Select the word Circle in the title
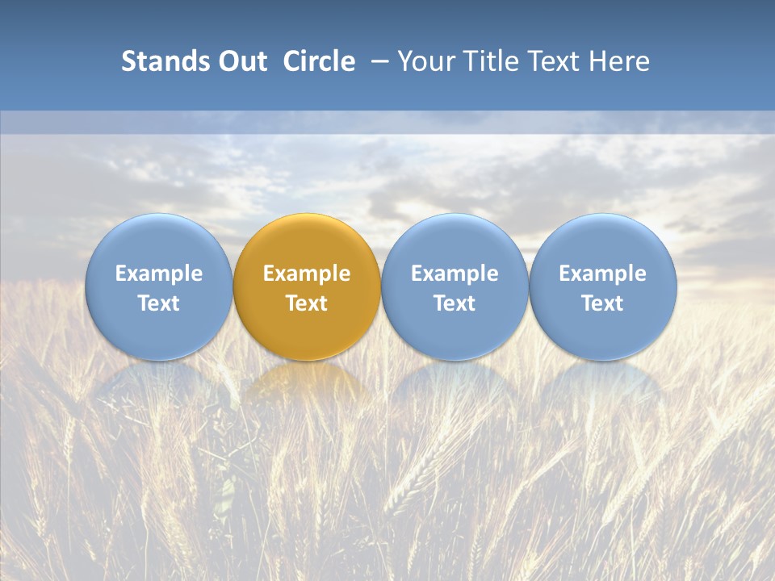pyautogui.click(x=319, y=61)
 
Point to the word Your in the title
pyautogui.click(x=425, y=61)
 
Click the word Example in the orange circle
pyautogui.click(x=307, y=274)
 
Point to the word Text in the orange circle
pyautogui.click(x=307, y=303)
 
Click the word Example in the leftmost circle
pyautogui.click(x=158, y=274)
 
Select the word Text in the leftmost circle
pyautogui.click(x=158, y=303)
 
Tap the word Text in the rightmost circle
pyautogui.click(x=603, y=303)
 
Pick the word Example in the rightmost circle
pyautogui.click(x=603, y=274)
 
